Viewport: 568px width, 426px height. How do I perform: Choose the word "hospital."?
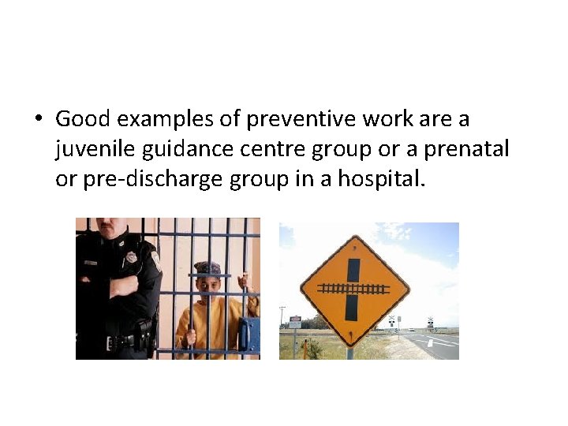(x=382, y=179)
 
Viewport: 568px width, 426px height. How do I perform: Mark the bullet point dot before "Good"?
(x=38, y=120)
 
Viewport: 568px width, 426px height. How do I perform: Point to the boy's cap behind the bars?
(x=207, y=268)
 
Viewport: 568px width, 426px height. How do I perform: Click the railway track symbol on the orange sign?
(x=353, y=290)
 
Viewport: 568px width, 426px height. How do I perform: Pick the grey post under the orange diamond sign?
(x=349, y=352)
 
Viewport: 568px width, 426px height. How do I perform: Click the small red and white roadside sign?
(x=293, y=322)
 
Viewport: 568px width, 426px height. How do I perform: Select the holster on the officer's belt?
(x=145, y=332)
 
